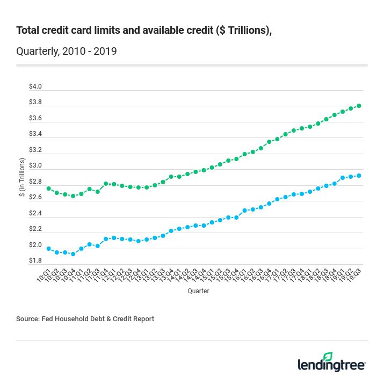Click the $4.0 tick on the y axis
35,86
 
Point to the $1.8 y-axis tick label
35,260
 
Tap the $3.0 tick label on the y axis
35,165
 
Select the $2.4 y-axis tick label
35,213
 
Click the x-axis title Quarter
198,291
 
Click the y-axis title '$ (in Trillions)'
22,177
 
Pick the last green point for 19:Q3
359,106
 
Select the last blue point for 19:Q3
359,176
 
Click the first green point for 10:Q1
49,189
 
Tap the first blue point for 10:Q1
49,249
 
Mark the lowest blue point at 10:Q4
73,254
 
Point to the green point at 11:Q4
106,184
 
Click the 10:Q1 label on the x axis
43,275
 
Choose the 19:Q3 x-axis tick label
353,275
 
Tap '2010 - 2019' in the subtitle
90,52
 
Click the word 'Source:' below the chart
27,318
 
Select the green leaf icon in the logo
328,357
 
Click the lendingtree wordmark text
331,366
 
